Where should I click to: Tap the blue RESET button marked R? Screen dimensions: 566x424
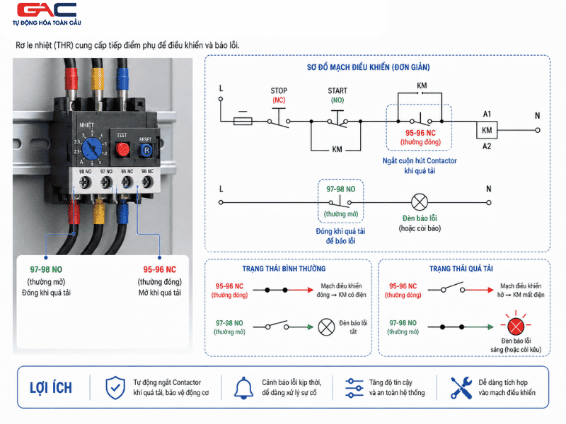point(146,151)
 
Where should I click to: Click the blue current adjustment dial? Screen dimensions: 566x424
point(92,148)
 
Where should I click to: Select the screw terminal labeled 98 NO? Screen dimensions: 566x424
point(85,182)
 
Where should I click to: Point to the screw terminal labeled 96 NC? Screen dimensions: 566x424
point(147,182)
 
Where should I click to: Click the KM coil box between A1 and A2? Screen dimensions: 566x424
point(487,130)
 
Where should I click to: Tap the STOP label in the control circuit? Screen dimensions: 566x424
point(279,90)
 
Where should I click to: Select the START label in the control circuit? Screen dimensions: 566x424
point(337,90)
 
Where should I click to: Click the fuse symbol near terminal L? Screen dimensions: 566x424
point(243,121)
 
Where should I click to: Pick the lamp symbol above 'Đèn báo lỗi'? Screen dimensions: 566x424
point(420,202)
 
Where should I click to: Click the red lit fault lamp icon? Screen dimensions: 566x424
point(516,326)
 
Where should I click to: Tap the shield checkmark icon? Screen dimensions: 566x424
point(115,388)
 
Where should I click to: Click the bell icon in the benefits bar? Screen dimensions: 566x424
point(243,388)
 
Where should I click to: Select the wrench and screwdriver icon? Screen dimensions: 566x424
point(461,388)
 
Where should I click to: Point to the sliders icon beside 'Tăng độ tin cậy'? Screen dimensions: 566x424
point(354,388)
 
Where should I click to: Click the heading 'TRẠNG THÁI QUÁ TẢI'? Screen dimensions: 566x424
point(461,269)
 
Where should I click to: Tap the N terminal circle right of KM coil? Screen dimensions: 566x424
point(538,130)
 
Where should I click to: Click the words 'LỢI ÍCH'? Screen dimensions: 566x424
point(51,387)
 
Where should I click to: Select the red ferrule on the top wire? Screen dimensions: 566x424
point(71,79)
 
